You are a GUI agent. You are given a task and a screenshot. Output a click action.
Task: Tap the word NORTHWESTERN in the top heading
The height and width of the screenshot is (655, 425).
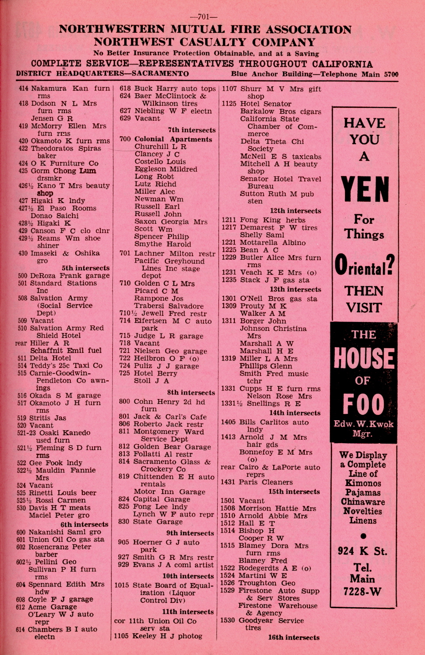(112, 30)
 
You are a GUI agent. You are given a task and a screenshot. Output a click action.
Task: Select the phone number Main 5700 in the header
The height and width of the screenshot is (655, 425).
(379, 74)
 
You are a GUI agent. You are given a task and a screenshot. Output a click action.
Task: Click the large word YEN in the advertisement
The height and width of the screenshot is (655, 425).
(365, 189)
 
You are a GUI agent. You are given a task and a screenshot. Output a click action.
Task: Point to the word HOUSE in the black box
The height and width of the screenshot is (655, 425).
(364, 359)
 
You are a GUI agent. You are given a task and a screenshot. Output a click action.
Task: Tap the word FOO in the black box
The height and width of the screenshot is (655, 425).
(364, 404)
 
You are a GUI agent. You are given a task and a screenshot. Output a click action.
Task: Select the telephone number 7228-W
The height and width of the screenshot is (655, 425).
(362, 591)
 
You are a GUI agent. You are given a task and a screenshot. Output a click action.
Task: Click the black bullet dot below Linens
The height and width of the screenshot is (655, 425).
(363, 536)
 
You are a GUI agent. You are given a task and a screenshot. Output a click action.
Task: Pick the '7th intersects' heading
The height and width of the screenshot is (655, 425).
(191, 130)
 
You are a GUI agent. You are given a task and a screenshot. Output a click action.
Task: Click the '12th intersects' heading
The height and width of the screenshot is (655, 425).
(295, 211)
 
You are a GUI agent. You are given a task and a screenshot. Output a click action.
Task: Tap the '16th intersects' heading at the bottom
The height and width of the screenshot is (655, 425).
(293, 637)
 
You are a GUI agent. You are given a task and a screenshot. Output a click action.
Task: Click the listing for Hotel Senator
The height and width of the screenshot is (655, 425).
(265, 104)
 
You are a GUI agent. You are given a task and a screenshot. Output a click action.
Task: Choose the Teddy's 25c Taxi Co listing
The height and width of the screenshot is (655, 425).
(66, 366)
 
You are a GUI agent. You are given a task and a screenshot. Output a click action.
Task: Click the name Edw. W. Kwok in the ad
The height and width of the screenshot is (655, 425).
(363, 424)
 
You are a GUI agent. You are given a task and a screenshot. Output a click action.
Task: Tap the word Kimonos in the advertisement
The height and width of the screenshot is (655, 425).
(363, 483)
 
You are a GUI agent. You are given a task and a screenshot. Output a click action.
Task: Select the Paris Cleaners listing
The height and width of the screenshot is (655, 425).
(265, 482)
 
